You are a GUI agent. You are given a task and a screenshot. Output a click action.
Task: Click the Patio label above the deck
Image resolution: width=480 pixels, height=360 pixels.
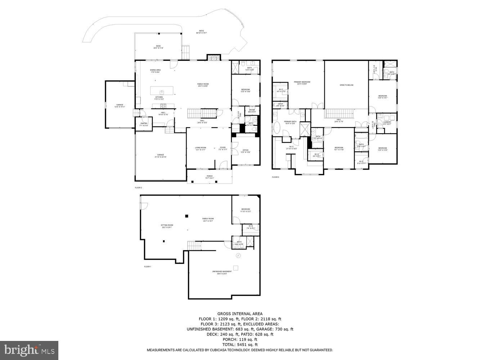tap(201, 32)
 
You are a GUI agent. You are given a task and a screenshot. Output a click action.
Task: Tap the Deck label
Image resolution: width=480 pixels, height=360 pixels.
tap(158, 47)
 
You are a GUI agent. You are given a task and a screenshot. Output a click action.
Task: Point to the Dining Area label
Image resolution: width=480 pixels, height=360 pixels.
tap(155, 71)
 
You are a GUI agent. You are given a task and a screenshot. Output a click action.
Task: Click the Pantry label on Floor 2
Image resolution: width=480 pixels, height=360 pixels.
tap(143, 125)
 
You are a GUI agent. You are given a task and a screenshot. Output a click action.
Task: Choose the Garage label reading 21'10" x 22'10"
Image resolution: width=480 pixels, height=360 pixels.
tap(160, 156)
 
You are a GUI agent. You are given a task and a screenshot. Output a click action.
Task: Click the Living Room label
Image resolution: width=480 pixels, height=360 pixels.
tap(201, 148)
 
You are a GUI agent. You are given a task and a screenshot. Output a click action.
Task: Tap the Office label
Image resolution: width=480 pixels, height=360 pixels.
tap(245, 151)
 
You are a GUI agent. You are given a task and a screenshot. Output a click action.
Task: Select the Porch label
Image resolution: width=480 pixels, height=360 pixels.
tap(209, 177)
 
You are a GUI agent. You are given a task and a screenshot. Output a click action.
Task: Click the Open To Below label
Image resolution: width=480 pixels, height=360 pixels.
tap(346, 85)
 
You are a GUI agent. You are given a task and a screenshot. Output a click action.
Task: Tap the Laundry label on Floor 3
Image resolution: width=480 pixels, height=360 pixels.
tap(387, 123)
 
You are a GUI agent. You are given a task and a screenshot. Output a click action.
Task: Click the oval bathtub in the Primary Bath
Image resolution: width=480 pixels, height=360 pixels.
tap(278, 128)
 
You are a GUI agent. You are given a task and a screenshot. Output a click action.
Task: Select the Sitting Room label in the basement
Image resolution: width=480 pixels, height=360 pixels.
tap(167, 226)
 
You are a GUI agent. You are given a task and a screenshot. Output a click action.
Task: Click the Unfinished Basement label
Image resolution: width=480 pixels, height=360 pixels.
tap(221, 273)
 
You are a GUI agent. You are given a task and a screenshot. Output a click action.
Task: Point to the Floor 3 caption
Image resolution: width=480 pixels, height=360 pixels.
tap(275, 177)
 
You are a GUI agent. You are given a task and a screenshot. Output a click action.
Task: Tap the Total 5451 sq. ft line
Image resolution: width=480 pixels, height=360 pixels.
tap(239, 345)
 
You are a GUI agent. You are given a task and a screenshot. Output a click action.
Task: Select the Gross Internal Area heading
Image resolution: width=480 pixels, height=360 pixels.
tap(239, 314)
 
